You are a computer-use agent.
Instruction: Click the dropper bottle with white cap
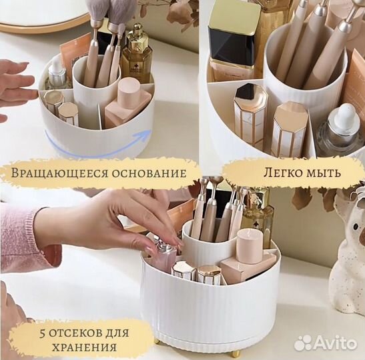tap(342, 130)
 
